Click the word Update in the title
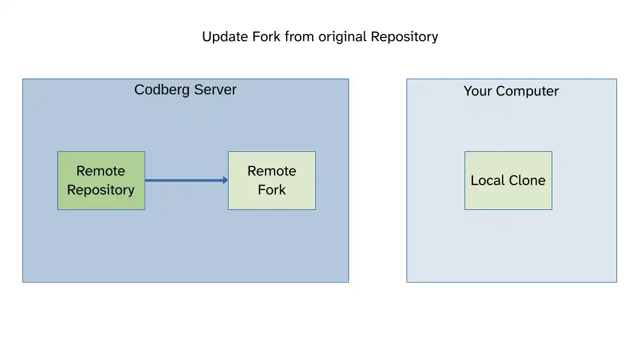pyautogui.click(x=225, y=37)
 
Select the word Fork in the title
pyautogui.click(x=266, y=36)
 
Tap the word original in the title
pyautogui.click(x=342, y=37)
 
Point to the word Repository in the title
pyautogui.click(x=405, y=37)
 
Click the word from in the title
pyautogui.click(x=299, y=36)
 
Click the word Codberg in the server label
pyautogui.click(x=162, y=90)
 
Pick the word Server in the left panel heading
pyautogui.click(x=215, y=90)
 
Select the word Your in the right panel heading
pyautogui.click(x=477, y=91)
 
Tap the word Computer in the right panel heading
pyautogui.click(x=527, y=91)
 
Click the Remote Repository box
pyautogui.click(x=101, y=180)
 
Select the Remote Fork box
pyautogui.click(x=272, y=180)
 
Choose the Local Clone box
pyautogui.click(x=508, y=180)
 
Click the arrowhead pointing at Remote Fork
pyautogui.click(x=226, y=180)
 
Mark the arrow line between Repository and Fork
pyautogui.click(x=186, y=180)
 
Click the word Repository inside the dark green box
pyautogui.click(x=101, y=190)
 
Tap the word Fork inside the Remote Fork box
pyautogui.click(x=272, y=190)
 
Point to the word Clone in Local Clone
pyautogui.click(x=527, y=180)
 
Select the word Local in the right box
pyautogui.click(x=488, y=180)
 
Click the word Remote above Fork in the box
pyautogui.click(x=272, y=171)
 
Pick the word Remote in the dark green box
pyautogui.click(x=101, y=171)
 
